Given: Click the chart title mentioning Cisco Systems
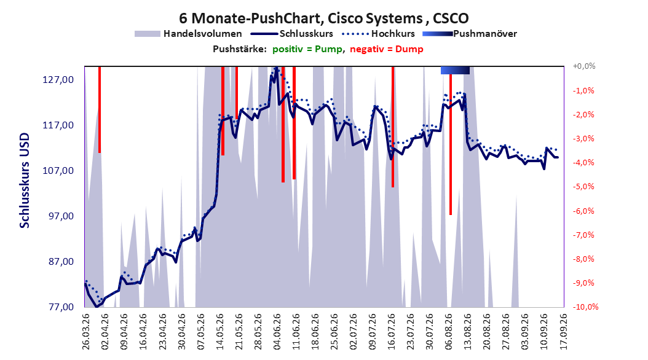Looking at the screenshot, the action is click(x=323, y=18).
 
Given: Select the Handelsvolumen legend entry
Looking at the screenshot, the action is click(x=189, y=34).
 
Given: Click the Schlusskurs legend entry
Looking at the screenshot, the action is click(x=291, y=34).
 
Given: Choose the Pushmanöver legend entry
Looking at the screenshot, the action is click(x=470, y=34).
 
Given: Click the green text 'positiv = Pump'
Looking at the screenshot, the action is click(x=307, y=49).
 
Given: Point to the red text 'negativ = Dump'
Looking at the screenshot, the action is click(x=387, y=49).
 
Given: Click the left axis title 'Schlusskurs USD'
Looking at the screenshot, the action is click(x=25, y=181).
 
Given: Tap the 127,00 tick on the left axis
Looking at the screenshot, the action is click(x=58, y=80).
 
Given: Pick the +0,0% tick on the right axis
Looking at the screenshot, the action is click(x=584, y=66).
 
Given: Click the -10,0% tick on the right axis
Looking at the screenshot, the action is click(x=585, y=307).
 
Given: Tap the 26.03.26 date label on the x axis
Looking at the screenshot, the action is click(x=86, y=332).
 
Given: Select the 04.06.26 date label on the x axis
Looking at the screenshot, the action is click(x=277, y=332).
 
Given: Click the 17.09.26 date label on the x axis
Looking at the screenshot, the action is click(x=563, y=332).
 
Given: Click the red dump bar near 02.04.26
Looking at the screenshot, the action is click(x=100, y=109).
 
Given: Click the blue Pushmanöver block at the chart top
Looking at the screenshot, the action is click(x=455, y=70).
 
